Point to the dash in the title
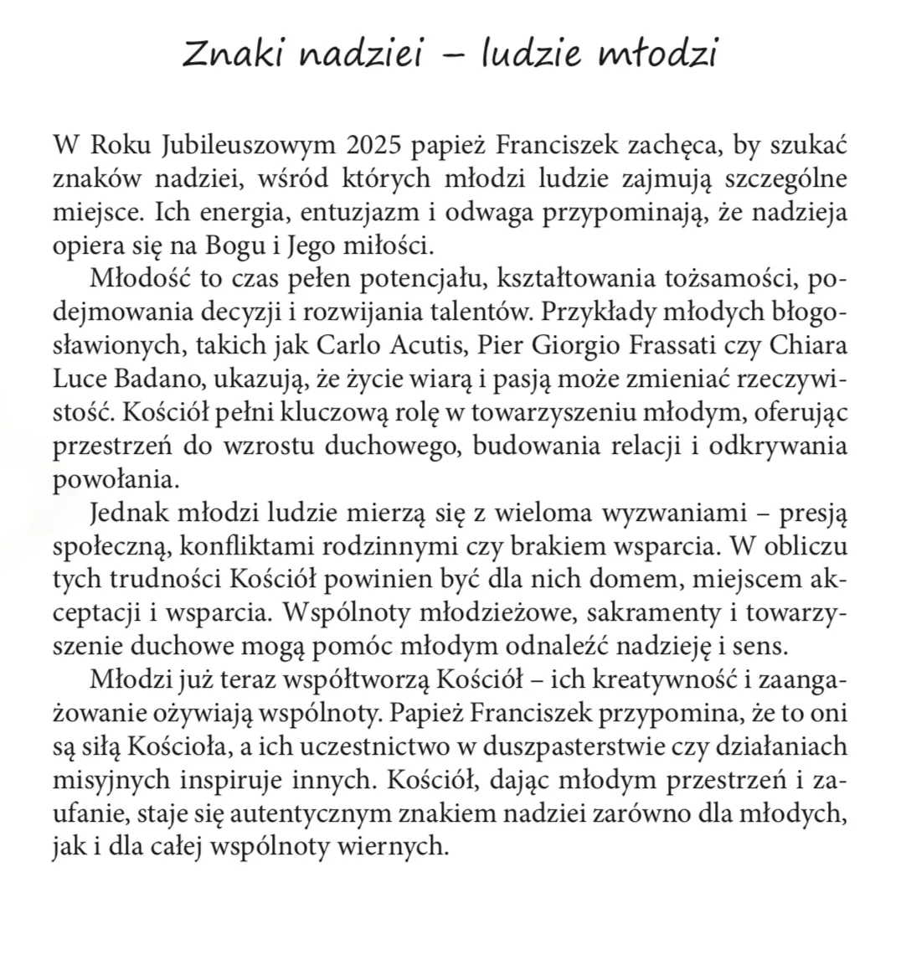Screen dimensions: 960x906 (453, 58)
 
